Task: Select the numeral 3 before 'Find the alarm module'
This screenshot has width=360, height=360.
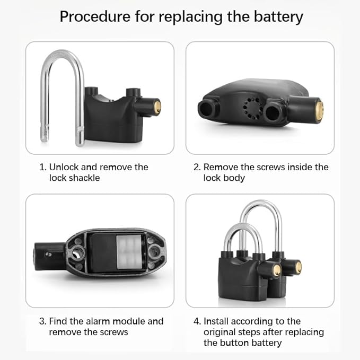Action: (42, 321)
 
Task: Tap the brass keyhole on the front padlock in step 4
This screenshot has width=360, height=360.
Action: (277, 270)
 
